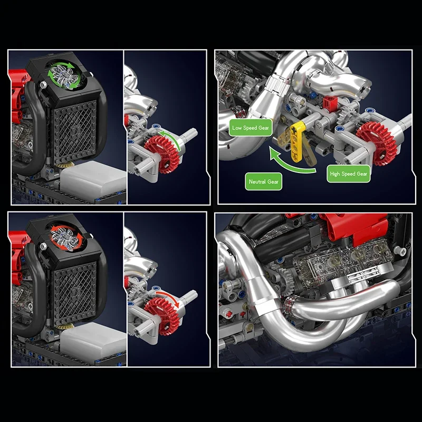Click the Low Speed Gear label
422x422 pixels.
(x=251, y=128)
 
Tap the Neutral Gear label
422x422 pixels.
(x=264, y=181)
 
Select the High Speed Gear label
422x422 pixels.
(x=349, y=174)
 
